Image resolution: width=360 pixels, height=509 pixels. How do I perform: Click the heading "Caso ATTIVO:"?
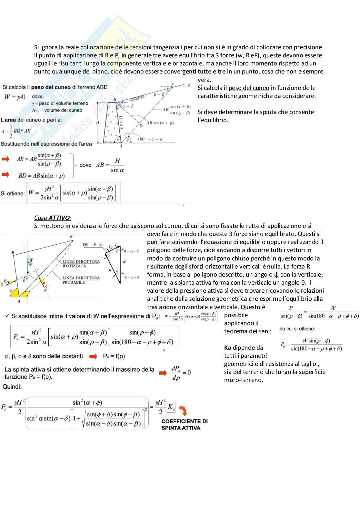53,218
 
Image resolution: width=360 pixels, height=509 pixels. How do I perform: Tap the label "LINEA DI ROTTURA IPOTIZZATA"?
81,264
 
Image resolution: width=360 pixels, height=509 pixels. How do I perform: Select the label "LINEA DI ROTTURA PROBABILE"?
81,280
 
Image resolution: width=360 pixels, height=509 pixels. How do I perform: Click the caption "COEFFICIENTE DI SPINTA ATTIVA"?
185,425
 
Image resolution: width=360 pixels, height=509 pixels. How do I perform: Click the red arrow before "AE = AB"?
6,159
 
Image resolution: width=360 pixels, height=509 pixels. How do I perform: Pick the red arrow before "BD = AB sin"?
6,175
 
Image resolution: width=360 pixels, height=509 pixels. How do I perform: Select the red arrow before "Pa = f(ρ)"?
93,356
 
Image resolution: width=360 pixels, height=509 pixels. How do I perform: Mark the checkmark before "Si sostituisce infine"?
7,316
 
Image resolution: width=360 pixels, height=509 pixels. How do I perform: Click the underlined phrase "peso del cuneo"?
249,88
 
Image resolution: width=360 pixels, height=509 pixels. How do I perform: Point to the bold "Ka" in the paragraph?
228,347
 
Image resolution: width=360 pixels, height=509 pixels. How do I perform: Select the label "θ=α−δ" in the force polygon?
131,251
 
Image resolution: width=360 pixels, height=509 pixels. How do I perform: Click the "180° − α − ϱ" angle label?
150,139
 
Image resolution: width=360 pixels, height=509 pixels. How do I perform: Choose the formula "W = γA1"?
15,97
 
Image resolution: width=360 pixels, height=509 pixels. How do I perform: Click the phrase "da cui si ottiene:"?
297,328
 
